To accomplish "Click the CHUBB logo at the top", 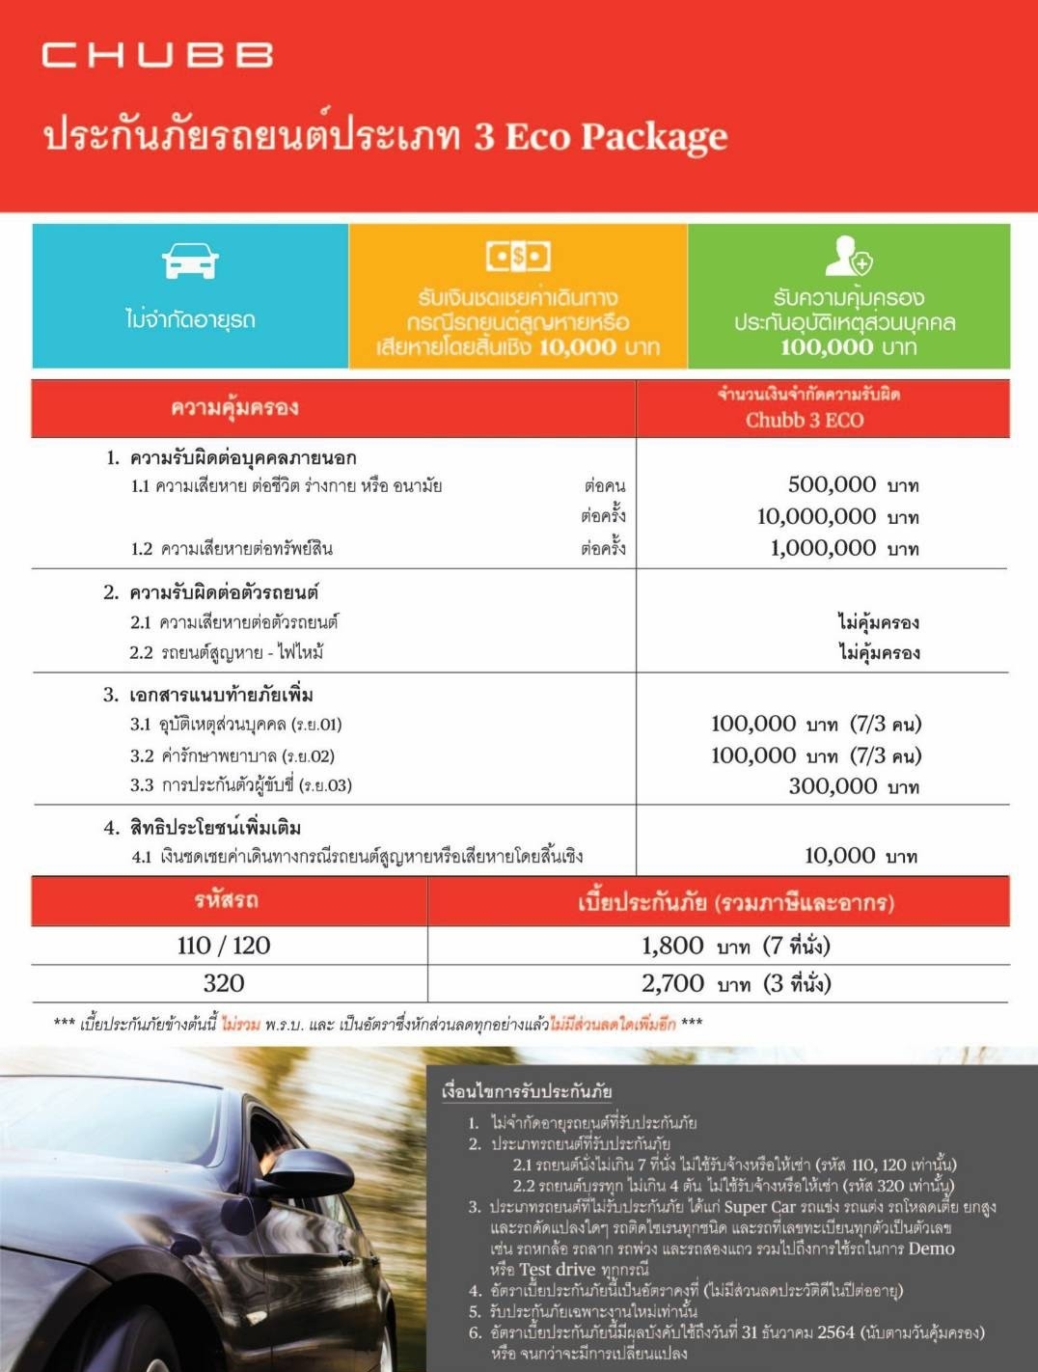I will (157, 55).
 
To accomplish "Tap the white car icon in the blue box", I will (190, 261).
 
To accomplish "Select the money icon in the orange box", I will (518, 256).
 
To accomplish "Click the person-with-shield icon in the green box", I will (848, 256).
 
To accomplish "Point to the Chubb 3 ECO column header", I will (805, 420).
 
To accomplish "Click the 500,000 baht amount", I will (832, 484).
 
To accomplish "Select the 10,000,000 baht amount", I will (816, 516).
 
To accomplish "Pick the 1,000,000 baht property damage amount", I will (823, 548).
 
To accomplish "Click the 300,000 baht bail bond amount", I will (833, 786).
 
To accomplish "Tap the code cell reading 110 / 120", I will (224, 946).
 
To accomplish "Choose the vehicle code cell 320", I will (224, 983).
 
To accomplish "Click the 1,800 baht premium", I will (672, 946).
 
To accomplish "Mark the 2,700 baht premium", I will (672, 983).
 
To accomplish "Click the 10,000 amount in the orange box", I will (578, 347).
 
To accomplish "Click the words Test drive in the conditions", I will (557, 1270).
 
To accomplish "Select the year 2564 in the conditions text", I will (835, 1332).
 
